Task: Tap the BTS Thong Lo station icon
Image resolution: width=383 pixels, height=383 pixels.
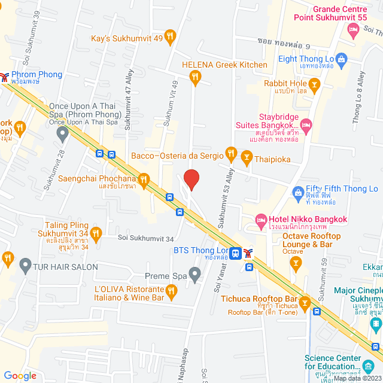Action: (x=236, y=253)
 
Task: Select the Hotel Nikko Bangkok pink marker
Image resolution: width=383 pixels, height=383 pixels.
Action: (x=260, y=220)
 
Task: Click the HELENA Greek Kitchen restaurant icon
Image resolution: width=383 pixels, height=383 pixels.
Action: (x=194, y=76)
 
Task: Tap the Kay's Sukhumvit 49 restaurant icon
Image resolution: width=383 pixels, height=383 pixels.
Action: (x=170, y=38)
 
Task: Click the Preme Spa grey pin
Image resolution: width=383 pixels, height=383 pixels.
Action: (x=194, y=275)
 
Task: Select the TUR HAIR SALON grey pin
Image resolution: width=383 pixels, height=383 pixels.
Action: (x=25, y=264)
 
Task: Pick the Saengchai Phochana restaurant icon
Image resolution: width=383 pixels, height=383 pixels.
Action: (x=144, y=179)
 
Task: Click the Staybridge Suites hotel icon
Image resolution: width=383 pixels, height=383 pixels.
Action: (x=306, y=126)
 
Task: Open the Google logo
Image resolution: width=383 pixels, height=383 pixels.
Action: (x=20, y=375)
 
